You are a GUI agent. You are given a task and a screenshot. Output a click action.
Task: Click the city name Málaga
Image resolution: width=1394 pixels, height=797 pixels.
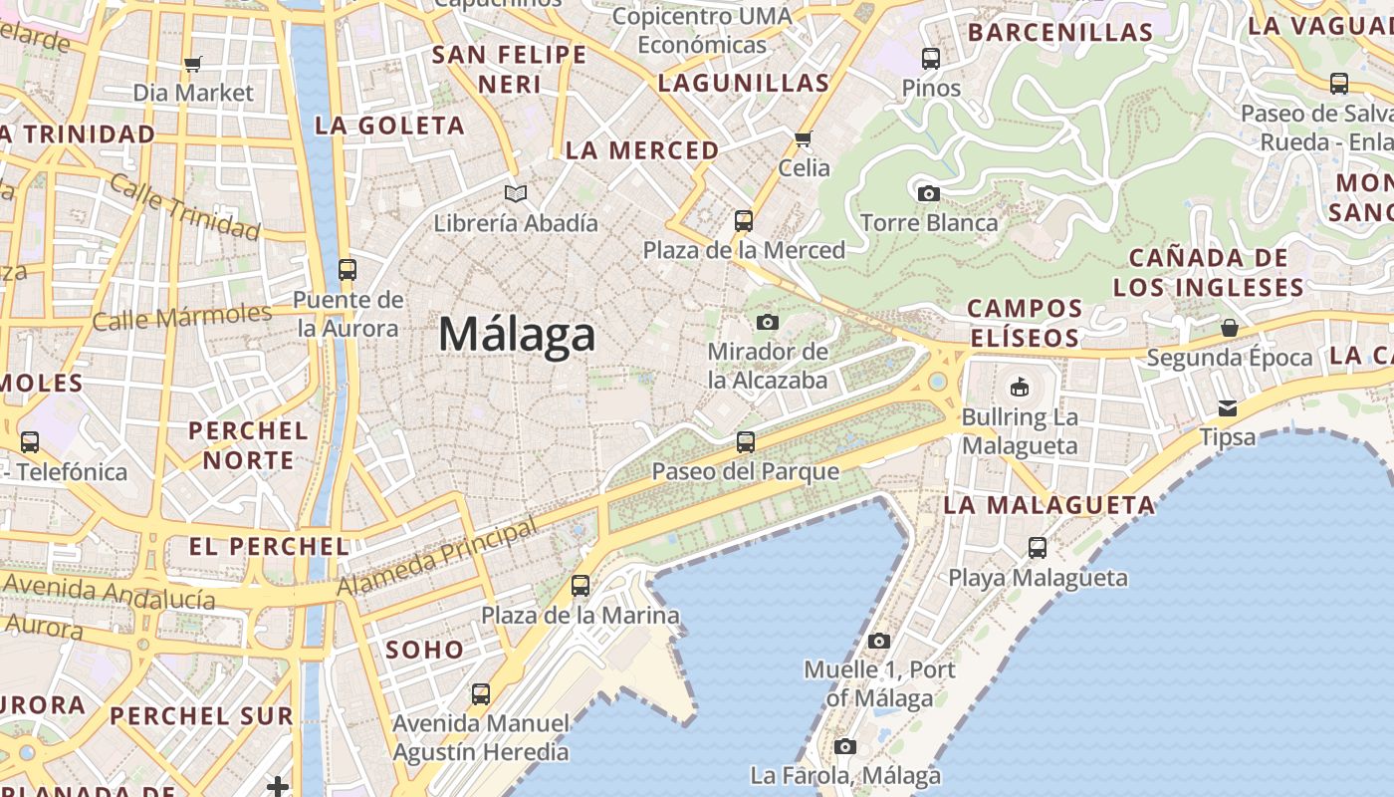517,334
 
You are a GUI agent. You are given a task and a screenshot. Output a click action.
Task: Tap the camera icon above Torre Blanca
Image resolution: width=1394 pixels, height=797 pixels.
929,193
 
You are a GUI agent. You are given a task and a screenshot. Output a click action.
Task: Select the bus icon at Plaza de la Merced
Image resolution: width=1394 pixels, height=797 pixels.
744,220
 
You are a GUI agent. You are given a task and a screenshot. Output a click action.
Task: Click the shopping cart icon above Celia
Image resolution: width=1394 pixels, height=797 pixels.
804,138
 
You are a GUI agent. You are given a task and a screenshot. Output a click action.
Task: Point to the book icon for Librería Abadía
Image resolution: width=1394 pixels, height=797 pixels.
515,193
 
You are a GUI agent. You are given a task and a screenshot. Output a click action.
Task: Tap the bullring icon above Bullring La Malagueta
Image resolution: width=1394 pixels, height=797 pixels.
1020,387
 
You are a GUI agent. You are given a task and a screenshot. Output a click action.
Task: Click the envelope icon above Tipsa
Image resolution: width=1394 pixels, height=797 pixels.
1227,407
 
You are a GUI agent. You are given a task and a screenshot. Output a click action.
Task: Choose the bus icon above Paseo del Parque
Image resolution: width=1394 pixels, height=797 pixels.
746,441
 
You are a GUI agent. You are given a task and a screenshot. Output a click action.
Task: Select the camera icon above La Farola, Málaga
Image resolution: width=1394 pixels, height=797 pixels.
844,746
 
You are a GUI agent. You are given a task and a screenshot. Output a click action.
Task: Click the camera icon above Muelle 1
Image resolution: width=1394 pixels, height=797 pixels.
878,641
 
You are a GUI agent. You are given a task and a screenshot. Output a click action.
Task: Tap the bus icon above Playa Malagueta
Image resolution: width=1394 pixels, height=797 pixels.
1038,547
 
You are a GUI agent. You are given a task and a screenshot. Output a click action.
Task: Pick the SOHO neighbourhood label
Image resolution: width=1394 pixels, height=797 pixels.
425,651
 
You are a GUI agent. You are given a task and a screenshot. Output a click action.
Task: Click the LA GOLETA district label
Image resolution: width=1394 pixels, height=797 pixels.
390,126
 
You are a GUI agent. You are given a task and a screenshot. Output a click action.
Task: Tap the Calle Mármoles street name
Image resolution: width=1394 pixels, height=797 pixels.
182,318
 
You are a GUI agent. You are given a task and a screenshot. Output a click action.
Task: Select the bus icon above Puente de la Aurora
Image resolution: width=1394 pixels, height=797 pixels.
348,269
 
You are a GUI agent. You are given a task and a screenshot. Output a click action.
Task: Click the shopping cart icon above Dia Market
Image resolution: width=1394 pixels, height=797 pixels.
193,65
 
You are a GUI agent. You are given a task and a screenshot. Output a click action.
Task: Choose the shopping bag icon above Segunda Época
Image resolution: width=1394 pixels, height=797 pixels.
1230,328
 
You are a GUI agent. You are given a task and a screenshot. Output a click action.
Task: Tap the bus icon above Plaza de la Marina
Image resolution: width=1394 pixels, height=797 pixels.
581,586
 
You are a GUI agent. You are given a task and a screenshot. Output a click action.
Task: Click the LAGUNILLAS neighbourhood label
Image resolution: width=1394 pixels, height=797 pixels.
744,84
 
